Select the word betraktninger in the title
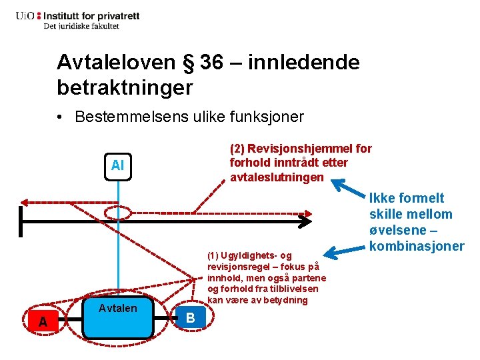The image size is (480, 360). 125,87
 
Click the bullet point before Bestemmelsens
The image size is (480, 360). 61,117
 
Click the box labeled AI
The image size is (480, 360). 118,165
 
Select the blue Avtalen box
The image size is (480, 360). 117,313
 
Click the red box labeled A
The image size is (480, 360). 43,322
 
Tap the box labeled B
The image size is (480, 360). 190,319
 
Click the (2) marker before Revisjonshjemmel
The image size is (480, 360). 237,149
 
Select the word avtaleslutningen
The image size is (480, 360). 277,177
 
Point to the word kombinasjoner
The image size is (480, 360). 417,246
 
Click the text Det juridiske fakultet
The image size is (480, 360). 81,26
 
